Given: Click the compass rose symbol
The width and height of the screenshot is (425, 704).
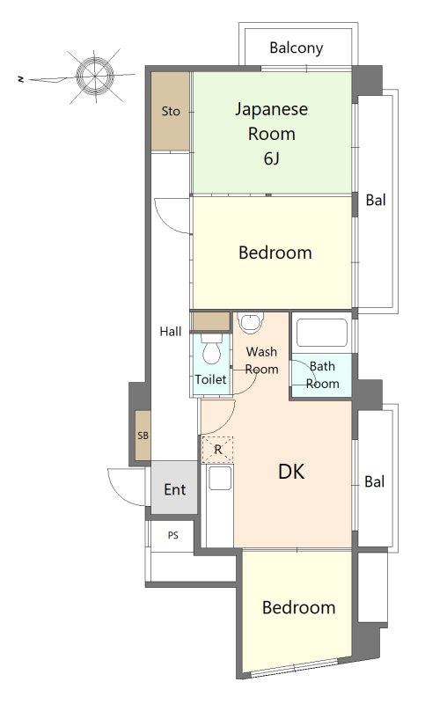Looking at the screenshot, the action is pyautogui.click(x=95, y=77).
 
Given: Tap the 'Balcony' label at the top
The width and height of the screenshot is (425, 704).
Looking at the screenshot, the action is pyautogui.click(x=297, y=48).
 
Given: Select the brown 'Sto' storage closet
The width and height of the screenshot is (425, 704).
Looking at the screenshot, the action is pyautogui.click(x=170, y=112).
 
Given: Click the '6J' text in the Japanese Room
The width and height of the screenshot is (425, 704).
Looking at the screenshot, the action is pyautogui.click(x=272, y=159).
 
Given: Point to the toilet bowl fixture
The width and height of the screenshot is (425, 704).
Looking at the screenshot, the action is pyautogui.click(x=211, y=348).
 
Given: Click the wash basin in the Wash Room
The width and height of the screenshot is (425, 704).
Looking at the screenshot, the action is pyautogui.click(x=251, y=322).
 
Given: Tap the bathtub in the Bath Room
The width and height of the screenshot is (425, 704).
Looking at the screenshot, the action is pyautogui.click(x=322, y=333).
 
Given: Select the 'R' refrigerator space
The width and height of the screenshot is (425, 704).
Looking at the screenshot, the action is pyautogui.click(x=217, y=450).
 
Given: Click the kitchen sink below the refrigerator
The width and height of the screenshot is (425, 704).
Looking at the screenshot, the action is pyautogui.click(x=220, y=478).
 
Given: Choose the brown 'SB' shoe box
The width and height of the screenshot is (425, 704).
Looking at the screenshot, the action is pyautogui.click(x=143, y=436).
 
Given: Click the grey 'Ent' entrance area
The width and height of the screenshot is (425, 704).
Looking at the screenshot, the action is pyautogui.click(x=174, y=488).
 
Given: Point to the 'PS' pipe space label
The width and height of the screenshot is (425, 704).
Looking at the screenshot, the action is pyautogui.click(x=173, y=535).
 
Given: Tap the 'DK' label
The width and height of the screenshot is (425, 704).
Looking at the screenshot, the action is pyautogui.click(x=291, y=472).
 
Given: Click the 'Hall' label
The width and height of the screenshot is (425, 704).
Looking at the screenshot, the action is pyautogui.click(x=171, y=332).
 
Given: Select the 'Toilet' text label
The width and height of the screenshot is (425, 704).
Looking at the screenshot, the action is pyautogui.click(x=211, y=379).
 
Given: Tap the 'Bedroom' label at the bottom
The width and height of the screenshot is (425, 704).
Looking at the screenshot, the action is pyautogui.click(x=299, y=607).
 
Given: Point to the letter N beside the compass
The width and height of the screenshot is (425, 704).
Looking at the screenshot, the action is pyautogui.click(x=20, y=79).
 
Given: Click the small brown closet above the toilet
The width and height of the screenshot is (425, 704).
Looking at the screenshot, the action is pyautogui.click(x=211, y=321).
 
